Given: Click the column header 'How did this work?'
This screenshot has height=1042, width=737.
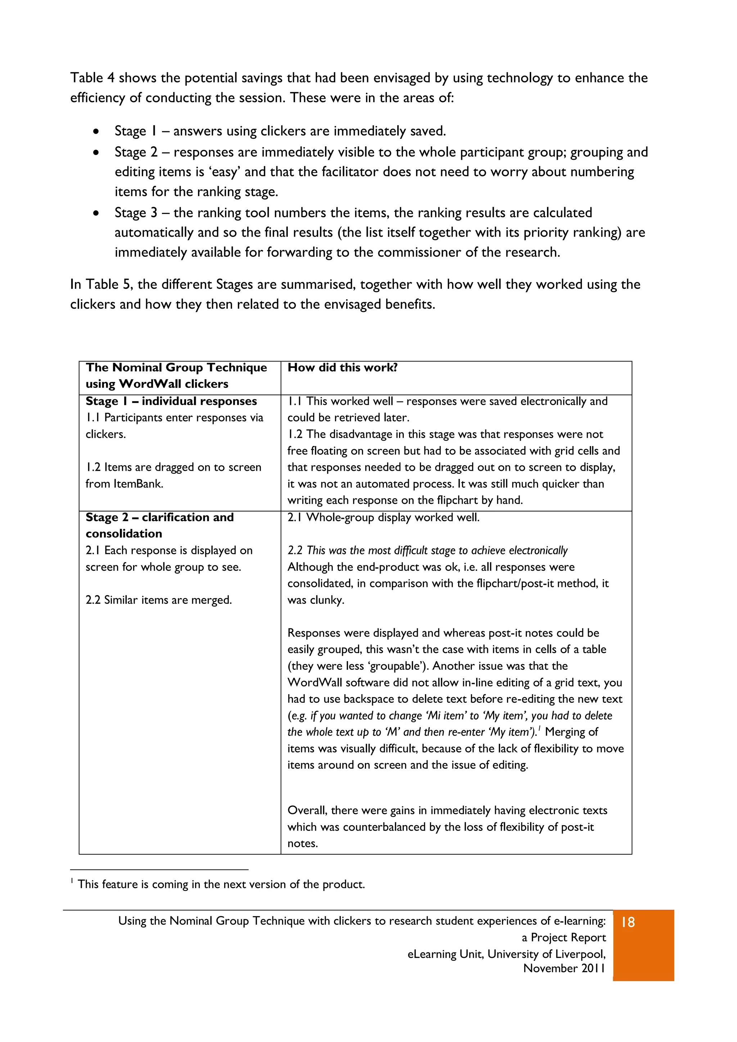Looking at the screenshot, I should click(x=342, y=368).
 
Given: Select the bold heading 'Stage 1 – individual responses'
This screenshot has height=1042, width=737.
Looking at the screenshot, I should click(x=171, y=401).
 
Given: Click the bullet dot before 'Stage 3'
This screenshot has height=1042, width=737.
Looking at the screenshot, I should click(x=96, y=213).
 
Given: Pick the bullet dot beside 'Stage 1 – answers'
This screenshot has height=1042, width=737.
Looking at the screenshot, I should click(x=96, y=132).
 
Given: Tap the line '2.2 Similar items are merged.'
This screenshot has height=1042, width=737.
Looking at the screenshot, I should click(x=158, y=600).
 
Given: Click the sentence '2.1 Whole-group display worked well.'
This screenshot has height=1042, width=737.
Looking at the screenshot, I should click(x=383, y=517).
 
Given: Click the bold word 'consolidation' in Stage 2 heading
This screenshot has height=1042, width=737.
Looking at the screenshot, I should click(x=123, y=534).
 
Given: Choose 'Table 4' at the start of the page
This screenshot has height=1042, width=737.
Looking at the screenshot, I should click(x=92, y=78).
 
